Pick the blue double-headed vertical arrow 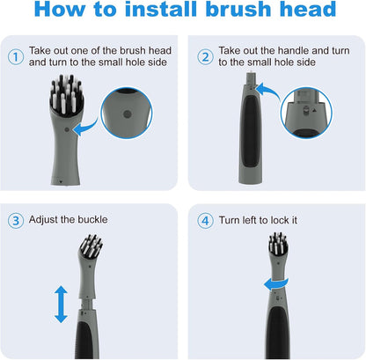point(61,303)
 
